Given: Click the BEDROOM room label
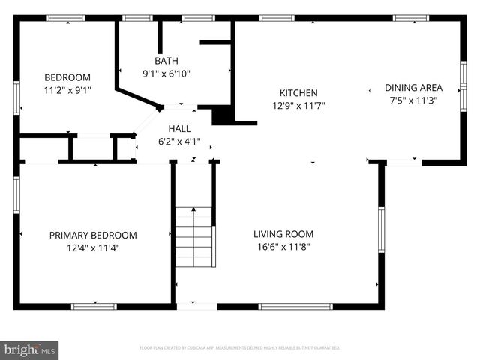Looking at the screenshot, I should click(x=67, y=77).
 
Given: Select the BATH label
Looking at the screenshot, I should click(x=166, y=61).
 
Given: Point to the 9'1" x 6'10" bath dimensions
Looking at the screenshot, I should click(x=166, y=73).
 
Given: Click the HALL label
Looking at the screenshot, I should click(x=179, y=128).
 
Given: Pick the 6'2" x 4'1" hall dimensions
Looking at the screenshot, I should click(x=179, y=141).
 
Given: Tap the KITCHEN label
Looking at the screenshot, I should click(x=298, y=93).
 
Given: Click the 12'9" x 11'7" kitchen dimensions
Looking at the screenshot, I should click(x=298, y=106).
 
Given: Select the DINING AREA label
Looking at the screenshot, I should click(x=413, y=87).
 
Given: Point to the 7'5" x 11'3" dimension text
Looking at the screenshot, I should click(x=413, y=100).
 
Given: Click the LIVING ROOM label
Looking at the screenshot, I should click(x=283, y=233).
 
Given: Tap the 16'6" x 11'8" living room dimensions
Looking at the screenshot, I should click(x=283, y=246).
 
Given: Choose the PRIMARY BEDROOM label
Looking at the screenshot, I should click(x=93, y=235).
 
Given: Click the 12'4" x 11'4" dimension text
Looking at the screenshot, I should click(x=93, y=247).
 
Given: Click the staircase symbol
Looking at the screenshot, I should click(x=195, y=235).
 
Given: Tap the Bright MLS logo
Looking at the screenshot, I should click(x=30, y=349).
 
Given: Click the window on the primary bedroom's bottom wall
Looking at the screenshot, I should click(x=94, y=306).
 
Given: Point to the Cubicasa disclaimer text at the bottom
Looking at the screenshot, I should click(x=240, y=348).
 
